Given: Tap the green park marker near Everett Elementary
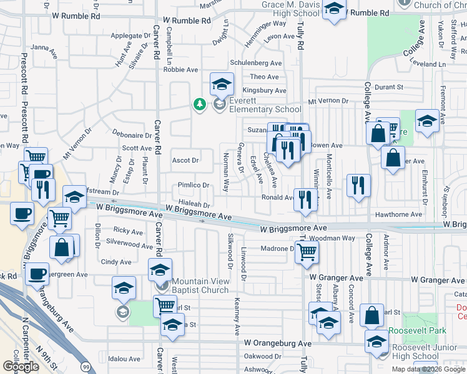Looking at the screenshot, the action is coord(200,104).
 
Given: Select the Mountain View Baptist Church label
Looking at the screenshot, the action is coord(200,285).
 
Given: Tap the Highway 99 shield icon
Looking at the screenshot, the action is coord(84,363).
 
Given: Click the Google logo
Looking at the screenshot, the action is coord(21,367).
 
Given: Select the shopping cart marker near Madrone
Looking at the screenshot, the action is coord(307,252).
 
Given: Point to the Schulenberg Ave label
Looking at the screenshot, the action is coord(256,64).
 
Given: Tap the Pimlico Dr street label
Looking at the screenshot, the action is coord(192,186).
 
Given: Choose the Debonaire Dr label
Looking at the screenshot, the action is coord(132,135).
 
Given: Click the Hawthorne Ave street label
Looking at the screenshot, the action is coord(400,214).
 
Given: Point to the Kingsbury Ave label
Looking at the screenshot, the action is coord(264,90).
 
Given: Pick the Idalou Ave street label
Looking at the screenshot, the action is coord(125,359).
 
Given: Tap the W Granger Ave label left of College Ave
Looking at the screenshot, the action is coord(336,279).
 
